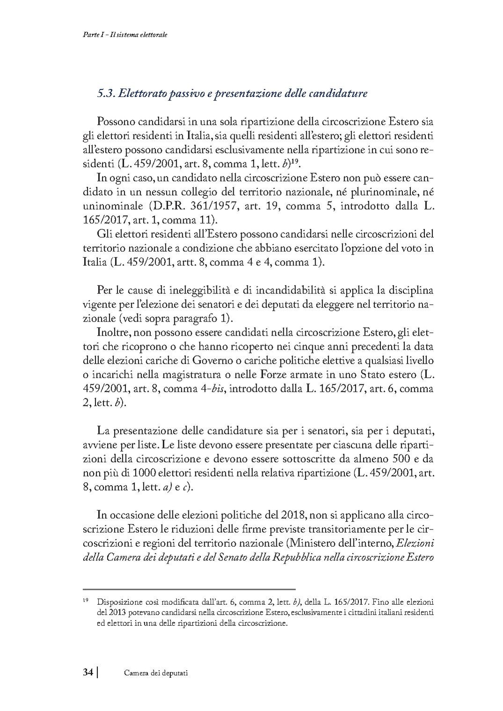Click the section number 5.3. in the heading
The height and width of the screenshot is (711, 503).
(106, 93)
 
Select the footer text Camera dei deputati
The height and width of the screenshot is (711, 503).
(155, 673)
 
